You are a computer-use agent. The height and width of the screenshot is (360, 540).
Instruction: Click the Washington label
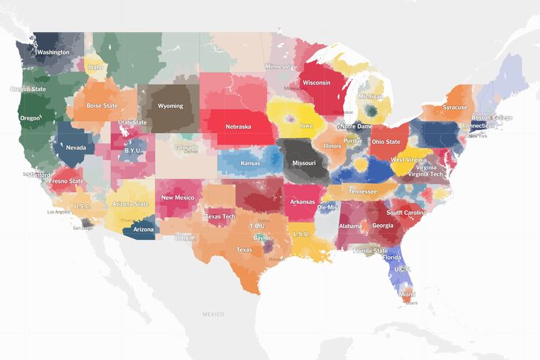[x=53, y=52]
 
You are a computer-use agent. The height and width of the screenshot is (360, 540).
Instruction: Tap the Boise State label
[x=102, y=106]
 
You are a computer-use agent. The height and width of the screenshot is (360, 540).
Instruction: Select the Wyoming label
[x=170, y=106]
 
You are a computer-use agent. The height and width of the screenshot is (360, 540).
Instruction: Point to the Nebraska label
[x=238, y=127]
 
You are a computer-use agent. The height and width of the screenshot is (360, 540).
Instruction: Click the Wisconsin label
[x=316, y=83]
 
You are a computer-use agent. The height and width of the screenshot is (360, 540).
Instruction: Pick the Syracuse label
[x=455, y=107]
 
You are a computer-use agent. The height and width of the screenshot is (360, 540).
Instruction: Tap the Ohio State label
[x=386, y=142]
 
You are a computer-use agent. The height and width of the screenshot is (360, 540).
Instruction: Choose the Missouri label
[x=304, y=162]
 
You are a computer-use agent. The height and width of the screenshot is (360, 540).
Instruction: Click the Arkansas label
[x=302, y=201]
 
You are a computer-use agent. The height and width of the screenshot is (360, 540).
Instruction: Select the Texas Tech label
[x=220, y=216]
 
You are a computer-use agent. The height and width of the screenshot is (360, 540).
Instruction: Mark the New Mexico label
[x=177, y=198]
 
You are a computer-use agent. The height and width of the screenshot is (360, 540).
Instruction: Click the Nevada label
[x=76, y=148]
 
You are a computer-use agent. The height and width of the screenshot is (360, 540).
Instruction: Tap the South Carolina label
[x=406, y=213]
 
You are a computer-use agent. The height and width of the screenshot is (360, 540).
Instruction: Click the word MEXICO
[x=213, y=314]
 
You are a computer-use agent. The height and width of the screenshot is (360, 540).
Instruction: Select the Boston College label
[x=492, y=117]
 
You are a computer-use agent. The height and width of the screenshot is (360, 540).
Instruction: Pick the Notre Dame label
[x=356, y=126]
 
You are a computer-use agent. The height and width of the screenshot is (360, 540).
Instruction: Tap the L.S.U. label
[x=301, y=234]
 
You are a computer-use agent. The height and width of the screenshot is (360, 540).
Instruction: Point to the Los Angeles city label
[x=59, y=212]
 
